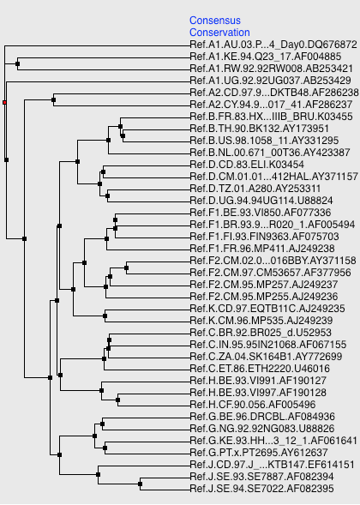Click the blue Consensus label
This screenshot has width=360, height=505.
pos(215,21)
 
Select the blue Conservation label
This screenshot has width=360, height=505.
pos(219,33)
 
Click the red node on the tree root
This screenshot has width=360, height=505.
pos(4,102)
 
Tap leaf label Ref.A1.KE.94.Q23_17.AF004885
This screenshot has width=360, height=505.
pos(266,57)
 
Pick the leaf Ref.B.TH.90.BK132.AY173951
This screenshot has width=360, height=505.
pos(259,129)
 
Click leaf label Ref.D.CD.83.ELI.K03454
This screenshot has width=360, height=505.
pos(247,165)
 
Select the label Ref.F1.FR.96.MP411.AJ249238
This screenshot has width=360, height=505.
pos(262,249)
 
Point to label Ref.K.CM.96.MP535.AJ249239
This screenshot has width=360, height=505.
pos(261,321)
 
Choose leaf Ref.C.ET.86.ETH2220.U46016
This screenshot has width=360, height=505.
pos(260,369)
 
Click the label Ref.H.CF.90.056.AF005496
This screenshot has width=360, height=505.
pos(253,405)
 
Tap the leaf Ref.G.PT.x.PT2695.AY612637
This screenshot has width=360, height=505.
pos(259,453)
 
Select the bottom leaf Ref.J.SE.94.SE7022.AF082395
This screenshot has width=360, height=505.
pos(261,489)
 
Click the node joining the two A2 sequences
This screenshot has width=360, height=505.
pos(53,99)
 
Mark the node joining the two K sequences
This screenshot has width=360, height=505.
pos(105,316)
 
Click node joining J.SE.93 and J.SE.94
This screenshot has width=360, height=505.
pos(140,484)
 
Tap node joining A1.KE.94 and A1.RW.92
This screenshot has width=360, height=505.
pos(17,63)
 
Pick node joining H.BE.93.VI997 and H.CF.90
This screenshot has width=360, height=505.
pos(117,400)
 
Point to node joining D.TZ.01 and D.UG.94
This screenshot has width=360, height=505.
pos(107,195)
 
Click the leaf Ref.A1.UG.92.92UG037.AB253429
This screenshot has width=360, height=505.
pos(270,81)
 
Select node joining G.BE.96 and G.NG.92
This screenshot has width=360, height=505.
pos(102,424)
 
